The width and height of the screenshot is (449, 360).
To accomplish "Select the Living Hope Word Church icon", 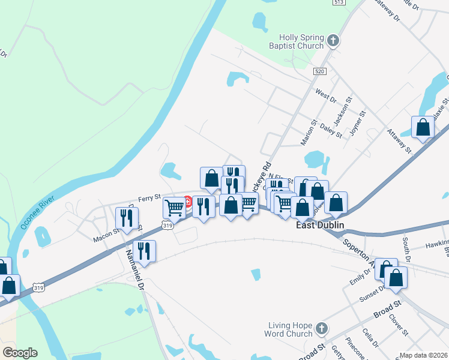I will [x=322, y=329].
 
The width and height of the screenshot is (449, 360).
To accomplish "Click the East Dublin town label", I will [x=322, y=227].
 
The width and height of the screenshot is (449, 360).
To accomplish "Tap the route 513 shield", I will [x=339, y=3].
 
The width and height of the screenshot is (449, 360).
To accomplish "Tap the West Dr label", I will [x=326, y=95].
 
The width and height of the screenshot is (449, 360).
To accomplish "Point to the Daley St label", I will [x=331, y=130].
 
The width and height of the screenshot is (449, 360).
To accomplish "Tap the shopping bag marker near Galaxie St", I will [x=423, y=127].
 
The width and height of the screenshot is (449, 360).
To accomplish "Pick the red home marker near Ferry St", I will [x=187, y=202].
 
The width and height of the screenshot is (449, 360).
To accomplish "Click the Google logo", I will [x=20, y=353].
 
